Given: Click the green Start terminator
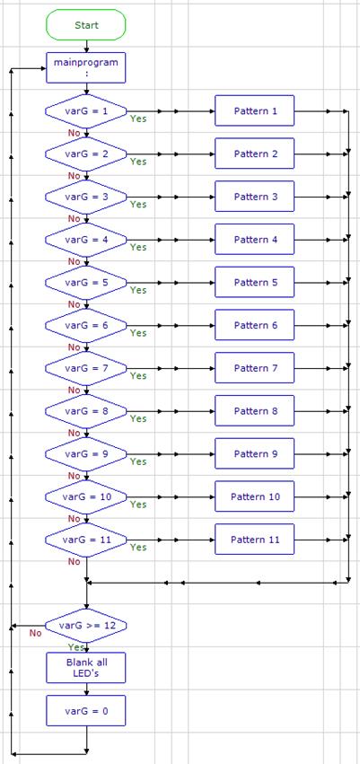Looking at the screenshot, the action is click(x=86, y=25).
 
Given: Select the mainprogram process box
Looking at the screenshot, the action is click(x=86, y=67).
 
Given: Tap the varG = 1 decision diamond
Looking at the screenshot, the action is click(x=86, y=111).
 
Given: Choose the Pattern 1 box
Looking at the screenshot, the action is click(x=255, y=111).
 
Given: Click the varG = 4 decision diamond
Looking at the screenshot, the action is click(x=86, y=240).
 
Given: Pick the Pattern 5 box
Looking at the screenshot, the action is click(x=255, y=283).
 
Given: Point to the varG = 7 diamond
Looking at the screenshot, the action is click(x=86, y=368).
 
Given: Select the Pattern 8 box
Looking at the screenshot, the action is click(x=255, y=411).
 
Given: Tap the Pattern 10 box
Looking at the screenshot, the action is click(x=255, y=497).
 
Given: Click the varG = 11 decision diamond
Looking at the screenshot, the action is click(x=86, y=540).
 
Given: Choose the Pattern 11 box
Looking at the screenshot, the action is click(x=255, y=540).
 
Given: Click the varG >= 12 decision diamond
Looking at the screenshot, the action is click(x=86, y=626).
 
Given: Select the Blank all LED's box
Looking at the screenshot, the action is click(x=86, y=668).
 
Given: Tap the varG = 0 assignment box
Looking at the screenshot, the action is click(x=86, y=711).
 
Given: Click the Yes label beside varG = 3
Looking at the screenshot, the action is click(x=138, y=205).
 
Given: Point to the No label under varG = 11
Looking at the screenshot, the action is click(x=74, y=562).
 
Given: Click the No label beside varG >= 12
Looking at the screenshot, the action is click(x=36, y=634).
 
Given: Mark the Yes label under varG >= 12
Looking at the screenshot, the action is click(x=76, y=647).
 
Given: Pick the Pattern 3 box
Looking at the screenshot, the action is click(x=255, y=197).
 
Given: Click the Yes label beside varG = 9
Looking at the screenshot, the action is click(x=138, y=462).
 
